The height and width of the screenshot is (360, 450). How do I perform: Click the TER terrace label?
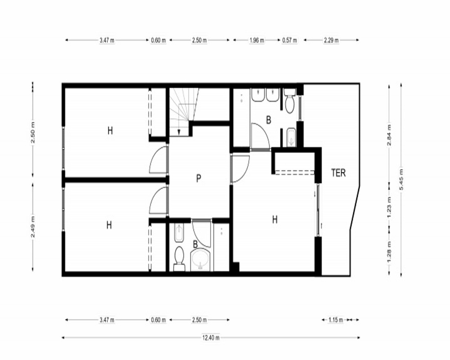338,173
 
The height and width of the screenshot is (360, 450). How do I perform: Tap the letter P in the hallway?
198,178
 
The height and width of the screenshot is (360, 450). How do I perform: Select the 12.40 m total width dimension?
211,337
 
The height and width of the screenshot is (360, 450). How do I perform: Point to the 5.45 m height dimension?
401,180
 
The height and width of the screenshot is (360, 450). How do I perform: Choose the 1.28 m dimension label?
389,252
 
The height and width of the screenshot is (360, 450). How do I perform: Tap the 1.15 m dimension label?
336,319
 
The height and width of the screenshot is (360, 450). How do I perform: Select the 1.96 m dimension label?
256,40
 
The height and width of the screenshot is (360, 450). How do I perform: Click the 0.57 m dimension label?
289,40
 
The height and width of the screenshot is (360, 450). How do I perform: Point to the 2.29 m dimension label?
331,40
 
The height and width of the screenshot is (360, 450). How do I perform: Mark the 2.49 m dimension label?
33,227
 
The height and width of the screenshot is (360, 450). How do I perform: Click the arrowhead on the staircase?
179,132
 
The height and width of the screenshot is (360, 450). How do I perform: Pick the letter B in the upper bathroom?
269,120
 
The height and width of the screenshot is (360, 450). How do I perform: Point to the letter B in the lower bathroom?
195,245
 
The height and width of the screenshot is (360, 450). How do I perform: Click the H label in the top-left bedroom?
110,130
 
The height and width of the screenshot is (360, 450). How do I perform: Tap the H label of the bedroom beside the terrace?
274,220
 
